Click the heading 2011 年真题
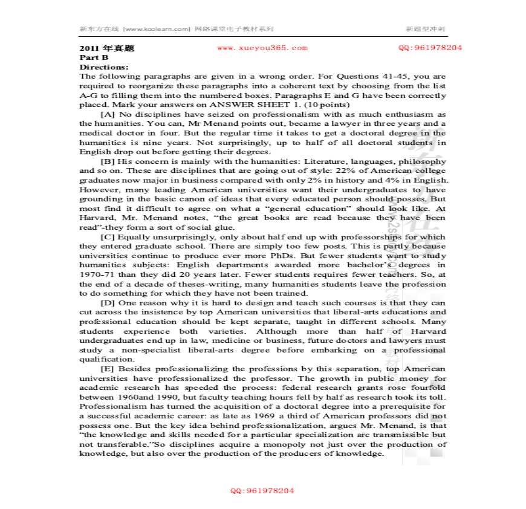[x=98, y=48]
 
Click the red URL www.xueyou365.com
[x=262, y=48]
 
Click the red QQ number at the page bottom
[x=262, y=491]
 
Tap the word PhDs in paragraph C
[x=267, y=255]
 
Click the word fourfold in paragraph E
[x=427, y=387]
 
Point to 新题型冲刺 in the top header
[x=425, y=28]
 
